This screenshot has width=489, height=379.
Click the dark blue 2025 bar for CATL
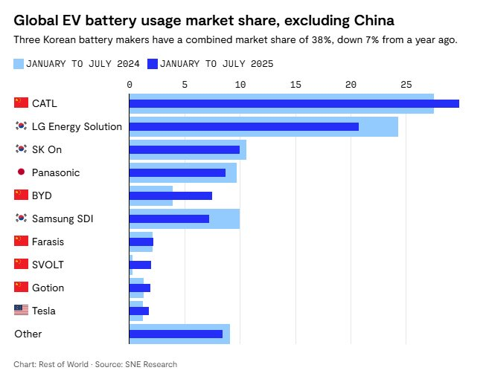294,103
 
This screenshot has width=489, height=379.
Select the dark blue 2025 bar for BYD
170,195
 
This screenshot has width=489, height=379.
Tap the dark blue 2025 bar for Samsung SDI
169,218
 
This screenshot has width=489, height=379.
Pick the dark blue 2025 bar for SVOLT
140,265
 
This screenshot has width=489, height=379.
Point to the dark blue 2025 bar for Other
176,334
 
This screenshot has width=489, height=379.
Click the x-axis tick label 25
406,85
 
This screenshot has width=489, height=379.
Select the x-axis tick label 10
240,85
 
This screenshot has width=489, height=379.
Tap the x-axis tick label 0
130,85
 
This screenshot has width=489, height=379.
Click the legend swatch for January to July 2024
19,63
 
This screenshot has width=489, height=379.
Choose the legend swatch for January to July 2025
153,63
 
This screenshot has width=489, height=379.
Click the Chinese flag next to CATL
21,103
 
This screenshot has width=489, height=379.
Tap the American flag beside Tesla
21,311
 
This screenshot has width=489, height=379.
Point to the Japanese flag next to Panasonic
21,172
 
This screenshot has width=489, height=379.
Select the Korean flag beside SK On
21,149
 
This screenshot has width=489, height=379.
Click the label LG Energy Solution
77,126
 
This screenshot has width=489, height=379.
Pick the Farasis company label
49,242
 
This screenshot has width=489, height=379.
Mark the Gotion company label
48,288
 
